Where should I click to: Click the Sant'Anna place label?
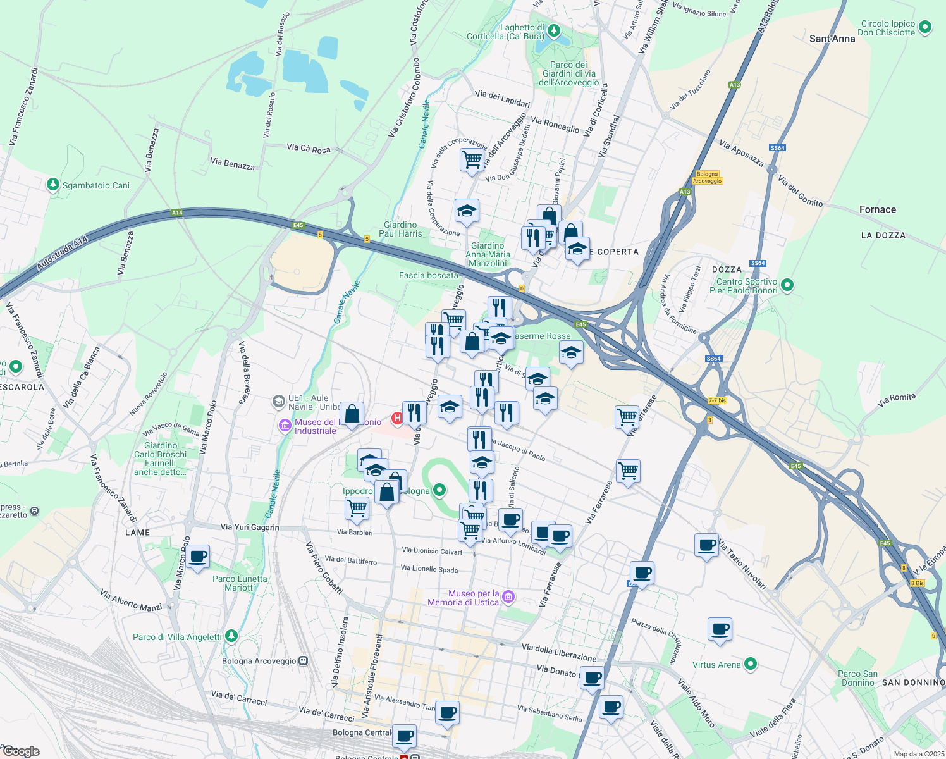tap(832, 39)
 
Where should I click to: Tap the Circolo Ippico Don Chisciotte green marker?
tap(925, 27)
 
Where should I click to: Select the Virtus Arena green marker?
tap(751, 664)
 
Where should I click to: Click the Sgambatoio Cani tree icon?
tap(53, 185)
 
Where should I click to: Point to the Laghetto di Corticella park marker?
tap(553, 30)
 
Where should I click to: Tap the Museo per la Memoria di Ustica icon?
tap(508, 596)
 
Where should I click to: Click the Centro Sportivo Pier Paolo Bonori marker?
tap(787, 285)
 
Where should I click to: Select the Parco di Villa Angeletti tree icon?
tap(231, 636)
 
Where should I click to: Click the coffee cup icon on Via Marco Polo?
tap(198, 557)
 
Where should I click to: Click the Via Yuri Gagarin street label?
tap(250, 527)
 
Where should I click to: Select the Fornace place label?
tap(877, 209)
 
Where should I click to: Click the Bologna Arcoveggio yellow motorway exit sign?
tap(707, 177)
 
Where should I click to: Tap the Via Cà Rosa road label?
tap(309, 149)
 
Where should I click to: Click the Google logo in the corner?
tap(21, 751)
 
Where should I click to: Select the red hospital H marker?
tap(398, 418)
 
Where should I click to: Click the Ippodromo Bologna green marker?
tap(439, 490)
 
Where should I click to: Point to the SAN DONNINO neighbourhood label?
tap(913, 682)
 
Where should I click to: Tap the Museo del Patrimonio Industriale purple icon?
tap(285, 426)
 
